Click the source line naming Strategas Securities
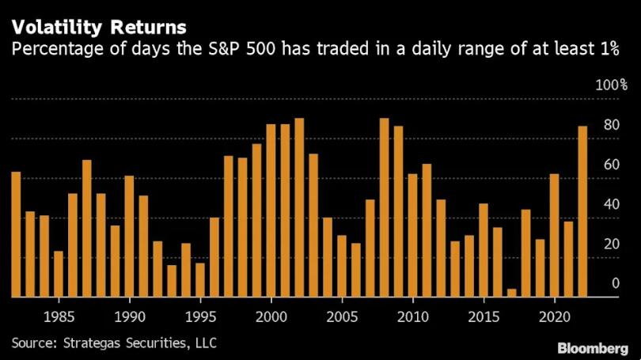(114, 343)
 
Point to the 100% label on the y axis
(613, 85)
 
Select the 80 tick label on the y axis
(610, 125)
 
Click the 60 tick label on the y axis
(610, 165)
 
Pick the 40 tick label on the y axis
(610, 204)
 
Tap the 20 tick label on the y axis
(610, 244)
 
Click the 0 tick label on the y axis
(614, 283)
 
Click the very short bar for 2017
(511, 293)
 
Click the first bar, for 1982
(16, 234)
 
